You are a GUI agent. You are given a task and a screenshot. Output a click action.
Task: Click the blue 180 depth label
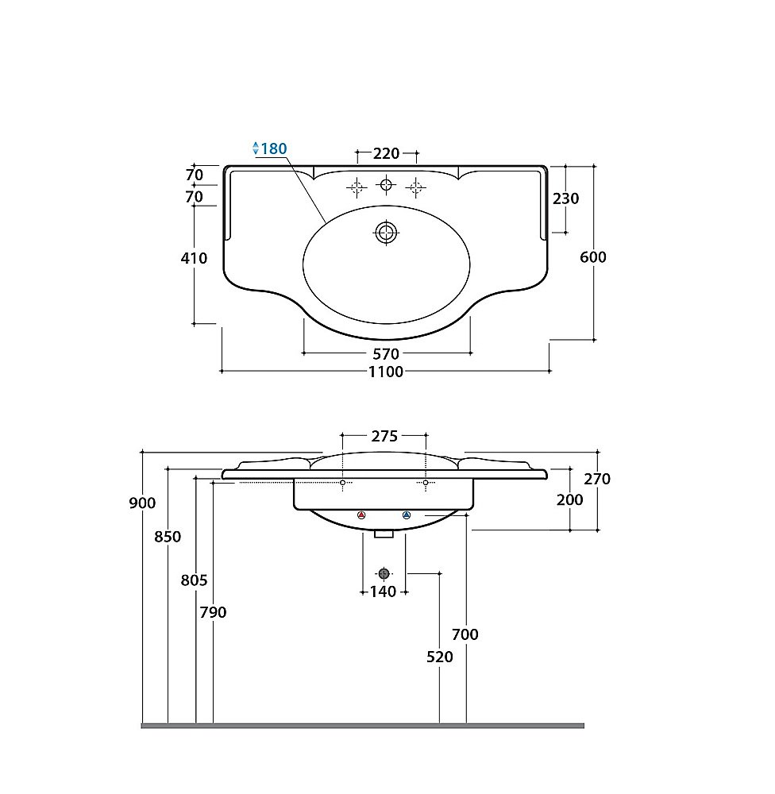(274, 149)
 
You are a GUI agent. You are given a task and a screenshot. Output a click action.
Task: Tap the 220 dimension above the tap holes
(387, 153)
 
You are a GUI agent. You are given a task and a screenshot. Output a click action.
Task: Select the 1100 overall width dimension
(386, 372)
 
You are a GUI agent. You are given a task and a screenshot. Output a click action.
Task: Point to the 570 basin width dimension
(387, 354)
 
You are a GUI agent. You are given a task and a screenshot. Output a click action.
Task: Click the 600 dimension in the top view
(593, 257)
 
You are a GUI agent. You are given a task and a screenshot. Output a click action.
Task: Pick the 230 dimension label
(566, 198)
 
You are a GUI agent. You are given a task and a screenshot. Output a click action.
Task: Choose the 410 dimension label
(194, 258)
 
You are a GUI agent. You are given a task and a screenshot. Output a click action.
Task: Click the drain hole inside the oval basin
(387, 233)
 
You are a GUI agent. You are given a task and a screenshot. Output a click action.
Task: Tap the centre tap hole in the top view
(387, 185)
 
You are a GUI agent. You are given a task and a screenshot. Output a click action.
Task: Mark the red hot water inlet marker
(361, 515)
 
